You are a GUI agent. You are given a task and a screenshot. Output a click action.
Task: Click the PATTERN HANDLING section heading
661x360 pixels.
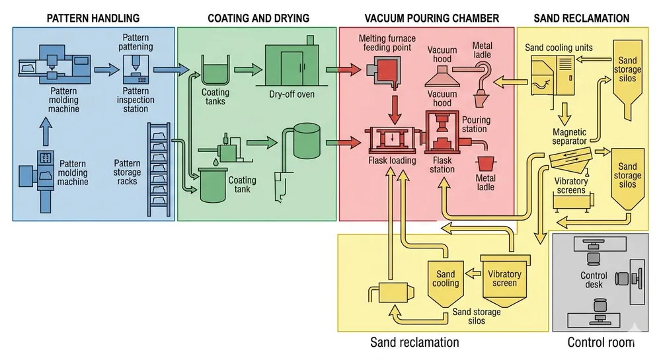(x=93, y=18)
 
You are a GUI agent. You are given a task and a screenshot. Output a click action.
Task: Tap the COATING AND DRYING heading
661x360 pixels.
(x=258, y=18)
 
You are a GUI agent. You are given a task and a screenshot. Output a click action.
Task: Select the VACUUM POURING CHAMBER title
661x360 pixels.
(x=432, y=18)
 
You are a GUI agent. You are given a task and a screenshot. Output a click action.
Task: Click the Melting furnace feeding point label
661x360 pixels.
(x=385, y=43)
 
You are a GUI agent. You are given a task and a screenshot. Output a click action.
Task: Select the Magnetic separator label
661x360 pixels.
(x=570, y=137)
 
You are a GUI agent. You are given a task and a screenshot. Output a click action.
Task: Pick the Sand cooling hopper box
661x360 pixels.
(x=446, y=280)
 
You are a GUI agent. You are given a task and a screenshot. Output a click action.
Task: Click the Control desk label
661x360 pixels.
(x=594, y=280)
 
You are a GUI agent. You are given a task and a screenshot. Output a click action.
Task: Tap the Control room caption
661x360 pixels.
(x=601, y=342)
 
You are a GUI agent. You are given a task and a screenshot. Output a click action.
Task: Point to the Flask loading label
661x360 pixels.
(x=392, y=160)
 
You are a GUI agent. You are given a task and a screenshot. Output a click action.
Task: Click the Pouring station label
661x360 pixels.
(x=475, y=124)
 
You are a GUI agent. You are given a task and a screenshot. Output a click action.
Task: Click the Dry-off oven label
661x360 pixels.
(x=292, y=94)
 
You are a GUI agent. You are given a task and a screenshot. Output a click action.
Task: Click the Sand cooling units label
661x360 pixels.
(x=559, y=48)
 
